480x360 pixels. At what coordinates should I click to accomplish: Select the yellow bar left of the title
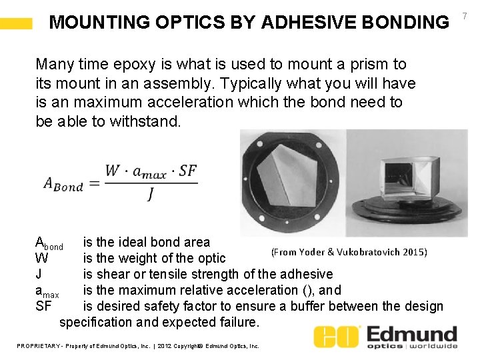pos(16,24)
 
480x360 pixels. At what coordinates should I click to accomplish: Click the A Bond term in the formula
pos(63,184)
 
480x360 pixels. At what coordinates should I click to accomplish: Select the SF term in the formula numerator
pos(188,171)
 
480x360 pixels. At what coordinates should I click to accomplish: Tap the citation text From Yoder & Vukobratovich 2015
pos(349,251)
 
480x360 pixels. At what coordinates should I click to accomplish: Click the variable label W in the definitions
pos(41,258)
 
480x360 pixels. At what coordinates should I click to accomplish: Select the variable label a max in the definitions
pos(47,291)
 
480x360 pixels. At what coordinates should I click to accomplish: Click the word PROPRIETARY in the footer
pos(39,346)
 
